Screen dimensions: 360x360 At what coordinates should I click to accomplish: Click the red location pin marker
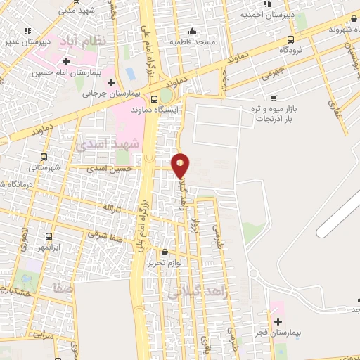(x=181, y=165)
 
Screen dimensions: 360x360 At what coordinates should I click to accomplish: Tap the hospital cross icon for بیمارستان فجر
(x=278, y=321)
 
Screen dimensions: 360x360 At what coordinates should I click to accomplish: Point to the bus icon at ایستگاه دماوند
(x=155, y=99)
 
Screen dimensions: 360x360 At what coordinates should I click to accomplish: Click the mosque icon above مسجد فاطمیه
(x=192, y=32)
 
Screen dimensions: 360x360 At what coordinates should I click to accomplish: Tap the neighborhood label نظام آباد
(x=85, y=40)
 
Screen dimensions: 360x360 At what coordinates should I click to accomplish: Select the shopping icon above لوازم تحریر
(x=165, y=252)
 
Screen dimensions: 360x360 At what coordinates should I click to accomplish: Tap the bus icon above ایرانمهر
(x=49, y=237)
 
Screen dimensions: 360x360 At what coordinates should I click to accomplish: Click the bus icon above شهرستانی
(x=44, y=157)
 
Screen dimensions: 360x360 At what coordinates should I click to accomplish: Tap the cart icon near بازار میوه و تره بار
(x=273, y=98)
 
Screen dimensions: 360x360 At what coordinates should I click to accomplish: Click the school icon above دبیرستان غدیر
(x=27, y=31)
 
